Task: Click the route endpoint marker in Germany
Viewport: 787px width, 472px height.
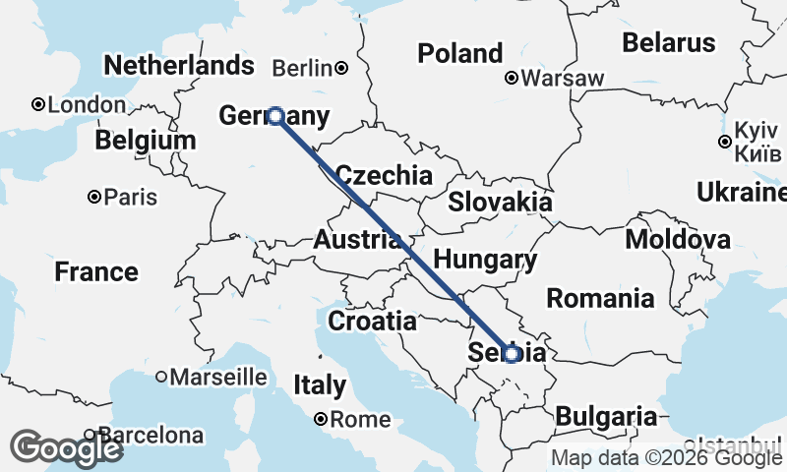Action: tap(276, 116)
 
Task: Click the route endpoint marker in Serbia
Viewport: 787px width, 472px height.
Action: tap(512, 353)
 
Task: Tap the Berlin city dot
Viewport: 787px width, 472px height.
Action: tap(341, 68)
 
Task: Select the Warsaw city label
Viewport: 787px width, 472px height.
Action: tap(563, 78)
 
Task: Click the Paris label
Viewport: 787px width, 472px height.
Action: tap(131, 198)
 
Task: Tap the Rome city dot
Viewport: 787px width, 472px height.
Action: tap(321, 420)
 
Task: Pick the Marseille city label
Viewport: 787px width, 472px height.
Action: tap(218, 377)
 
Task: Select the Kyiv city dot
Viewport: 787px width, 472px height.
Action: tap(725, 142)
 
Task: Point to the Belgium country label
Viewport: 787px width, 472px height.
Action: tap(146, 140)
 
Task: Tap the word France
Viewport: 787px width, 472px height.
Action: tap(96, 271)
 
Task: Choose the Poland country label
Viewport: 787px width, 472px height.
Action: tap(460, 53)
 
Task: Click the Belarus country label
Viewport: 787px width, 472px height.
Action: tap(668, 42)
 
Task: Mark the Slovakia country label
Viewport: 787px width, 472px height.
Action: tap(500, 203)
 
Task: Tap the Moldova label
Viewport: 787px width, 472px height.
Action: tap(678, 239)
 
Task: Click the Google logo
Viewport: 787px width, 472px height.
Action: tap(67, 448)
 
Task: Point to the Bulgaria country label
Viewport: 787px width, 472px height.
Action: tap(606, 416)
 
